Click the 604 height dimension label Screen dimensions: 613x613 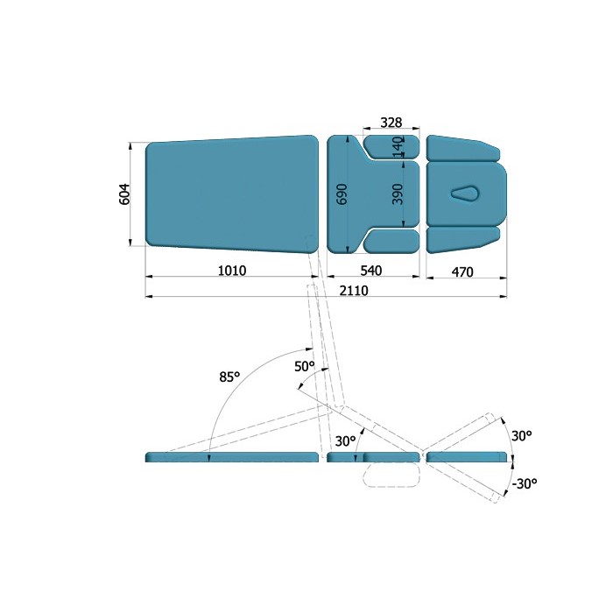124,194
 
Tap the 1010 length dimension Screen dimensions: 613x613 232,271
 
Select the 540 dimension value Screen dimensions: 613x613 371,271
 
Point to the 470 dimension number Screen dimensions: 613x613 462,271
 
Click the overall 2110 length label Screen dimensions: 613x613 354,291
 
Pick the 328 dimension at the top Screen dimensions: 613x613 391,123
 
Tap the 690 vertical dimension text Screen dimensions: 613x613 342,194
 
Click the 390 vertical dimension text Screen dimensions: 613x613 398,194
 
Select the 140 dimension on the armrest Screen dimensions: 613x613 398,147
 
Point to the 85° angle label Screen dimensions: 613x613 229,377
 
